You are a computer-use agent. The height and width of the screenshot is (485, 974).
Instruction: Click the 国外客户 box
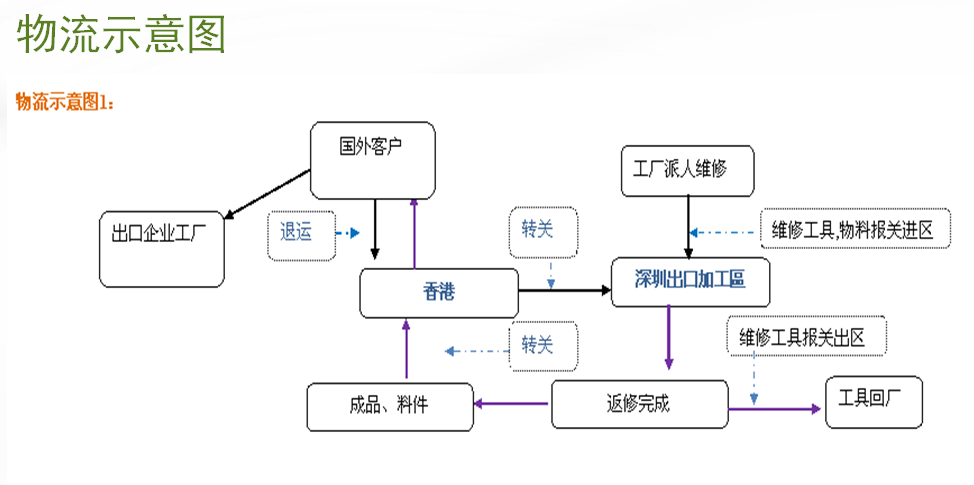click(372, 160)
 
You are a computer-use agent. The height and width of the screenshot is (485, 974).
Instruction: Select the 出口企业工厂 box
click(161, 249)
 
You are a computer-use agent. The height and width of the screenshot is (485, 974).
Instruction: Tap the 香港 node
click(439, 293)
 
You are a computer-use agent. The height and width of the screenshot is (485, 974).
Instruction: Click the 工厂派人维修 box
click(687, 170)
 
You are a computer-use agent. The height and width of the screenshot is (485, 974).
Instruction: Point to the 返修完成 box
click(638, 404)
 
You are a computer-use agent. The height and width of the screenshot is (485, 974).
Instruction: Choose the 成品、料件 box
click(390, 406)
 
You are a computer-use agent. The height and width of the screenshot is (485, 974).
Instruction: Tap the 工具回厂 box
click(873, 402)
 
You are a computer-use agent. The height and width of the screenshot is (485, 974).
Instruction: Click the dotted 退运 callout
click(297, 234)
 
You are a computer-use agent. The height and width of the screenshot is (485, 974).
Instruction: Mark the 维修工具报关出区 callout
click(808, 338)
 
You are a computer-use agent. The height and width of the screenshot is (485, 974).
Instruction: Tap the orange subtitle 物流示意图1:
click(66, 101)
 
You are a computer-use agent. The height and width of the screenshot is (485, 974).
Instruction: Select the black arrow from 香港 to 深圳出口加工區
click(565, 291)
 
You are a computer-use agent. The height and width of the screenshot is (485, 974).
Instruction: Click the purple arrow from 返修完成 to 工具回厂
click(775, 408)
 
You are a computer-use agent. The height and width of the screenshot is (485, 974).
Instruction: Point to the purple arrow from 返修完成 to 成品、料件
click(512, 404)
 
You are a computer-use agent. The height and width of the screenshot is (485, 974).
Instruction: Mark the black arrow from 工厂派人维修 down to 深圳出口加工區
click(688, 226)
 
